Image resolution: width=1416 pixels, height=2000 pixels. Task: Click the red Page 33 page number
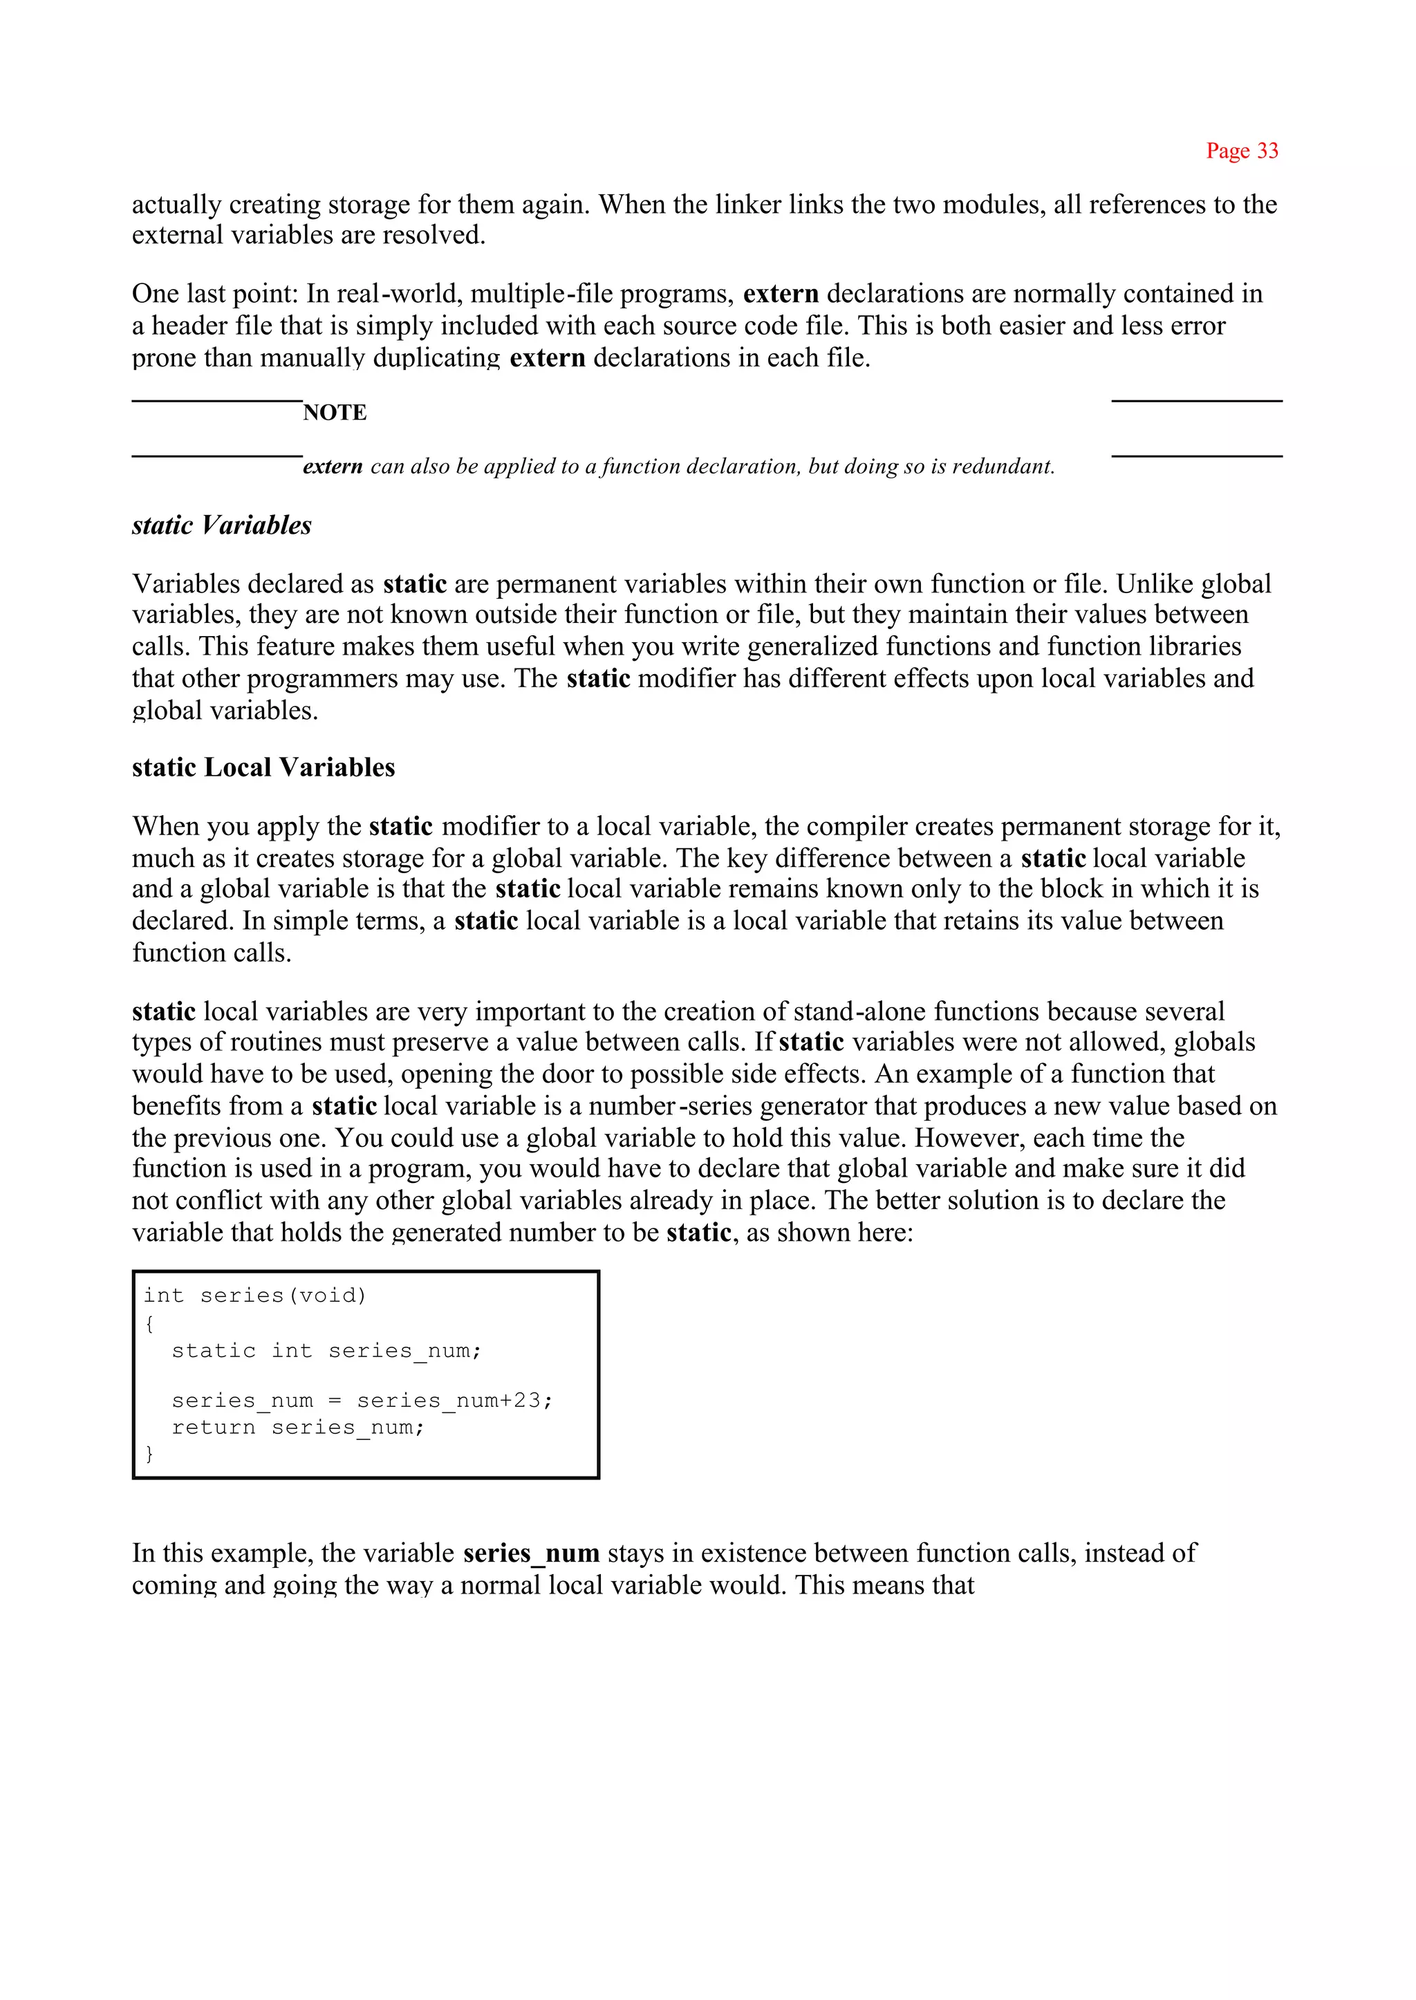click(x=1242, y=151)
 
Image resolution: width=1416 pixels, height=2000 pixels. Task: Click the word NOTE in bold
click(x=335, y=413)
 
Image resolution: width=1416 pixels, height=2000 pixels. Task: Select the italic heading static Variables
click(x=221, y=525)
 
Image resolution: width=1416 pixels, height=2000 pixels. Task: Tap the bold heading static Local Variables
click(x=263, y=767)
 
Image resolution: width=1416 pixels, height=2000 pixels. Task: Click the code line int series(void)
click(x=254, y=1296)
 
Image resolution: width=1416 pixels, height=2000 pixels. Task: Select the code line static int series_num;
click(x=326, y=1350)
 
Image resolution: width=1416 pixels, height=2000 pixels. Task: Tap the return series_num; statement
click(x=297, y=1427)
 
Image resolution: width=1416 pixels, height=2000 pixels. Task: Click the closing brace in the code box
click(x=149, y=1453)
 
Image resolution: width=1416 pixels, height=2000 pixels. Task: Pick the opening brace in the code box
click(x=149, y=1323)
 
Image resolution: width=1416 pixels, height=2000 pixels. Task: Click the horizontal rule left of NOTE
click(x=217, y=400)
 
